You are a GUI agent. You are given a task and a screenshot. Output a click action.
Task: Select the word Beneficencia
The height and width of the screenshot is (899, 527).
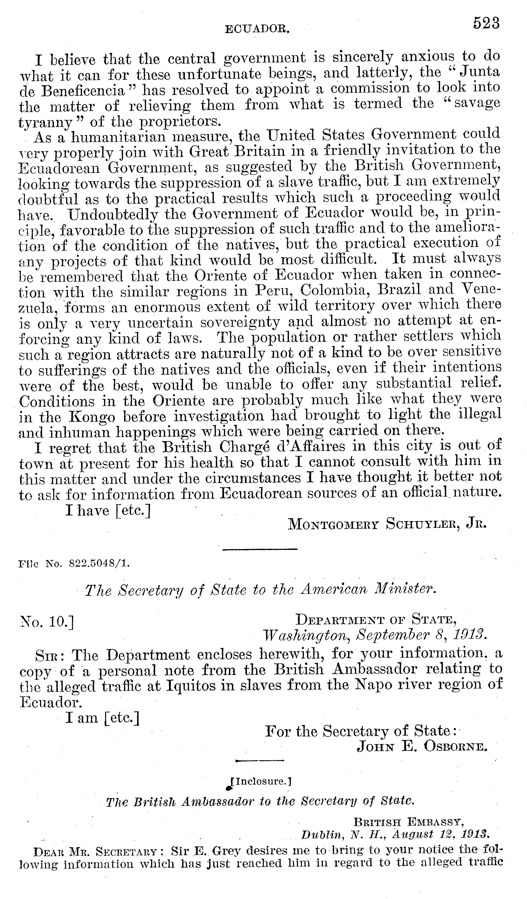point(83,91)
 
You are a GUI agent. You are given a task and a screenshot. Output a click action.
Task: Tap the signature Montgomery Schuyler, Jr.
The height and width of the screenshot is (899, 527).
point(387,524)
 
